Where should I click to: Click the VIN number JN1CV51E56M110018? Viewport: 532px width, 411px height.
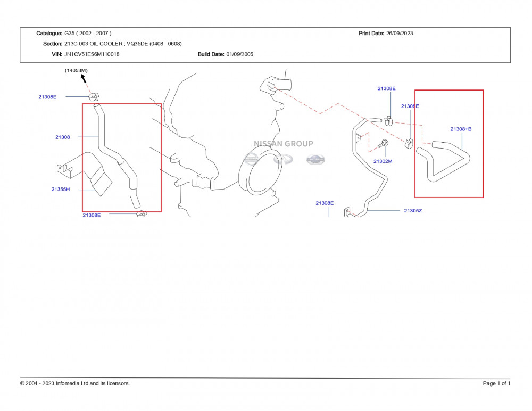[92, 54]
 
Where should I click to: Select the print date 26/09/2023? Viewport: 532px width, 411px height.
[399, 34]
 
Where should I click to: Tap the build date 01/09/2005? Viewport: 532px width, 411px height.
[239, 54]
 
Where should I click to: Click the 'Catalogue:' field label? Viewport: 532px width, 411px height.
[49, 34]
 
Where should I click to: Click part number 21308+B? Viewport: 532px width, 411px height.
[461, 129]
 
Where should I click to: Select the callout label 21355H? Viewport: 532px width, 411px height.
[61, 190]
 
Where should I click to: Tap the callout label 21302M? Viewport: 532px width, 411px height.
[383, 161]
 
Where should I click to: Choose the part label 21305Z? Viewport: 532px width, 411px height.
[412, 211]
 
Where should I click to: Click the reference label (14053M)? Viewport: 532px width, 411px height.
[76, 70]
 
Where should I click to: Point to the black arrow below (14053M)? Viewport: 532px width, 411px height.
[83, 79]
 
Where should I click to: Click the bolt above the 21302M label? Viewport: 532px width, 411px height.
[383, 144]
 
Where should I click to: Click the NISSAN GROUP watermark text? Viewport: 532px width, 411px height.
[283, 144]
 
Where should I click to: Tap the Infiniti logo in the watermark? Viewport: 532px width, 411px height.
[283, 159]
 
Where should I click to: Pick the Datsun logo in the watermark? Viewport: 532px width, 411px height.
[315, 159]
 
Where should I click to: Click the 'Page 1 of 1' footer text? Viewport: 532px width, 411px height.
[496, 383]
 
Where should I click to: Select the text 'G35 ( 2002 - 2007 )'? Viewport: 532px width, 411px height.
[88, 34]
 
